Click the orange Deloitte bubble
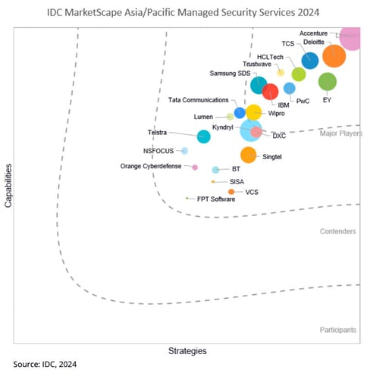333,56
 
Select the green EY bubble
327,82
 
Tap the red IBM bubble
270,92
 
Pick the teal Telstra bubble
203,136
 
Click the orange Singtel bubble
248,155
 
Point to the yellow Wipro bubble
254,113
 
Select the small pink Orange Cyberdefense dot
195,167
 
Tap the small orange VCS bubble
231,192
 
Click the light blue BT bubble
216,170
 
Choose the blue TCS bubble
309,61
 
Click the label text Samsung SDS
229,73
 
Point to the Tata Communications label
198,100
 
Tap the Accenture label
314,33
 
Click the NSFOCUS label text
158,150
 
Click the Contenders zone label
337,231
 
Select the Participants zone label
337,330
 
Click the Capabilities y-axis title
8,190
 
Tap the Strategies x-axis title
187,351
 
